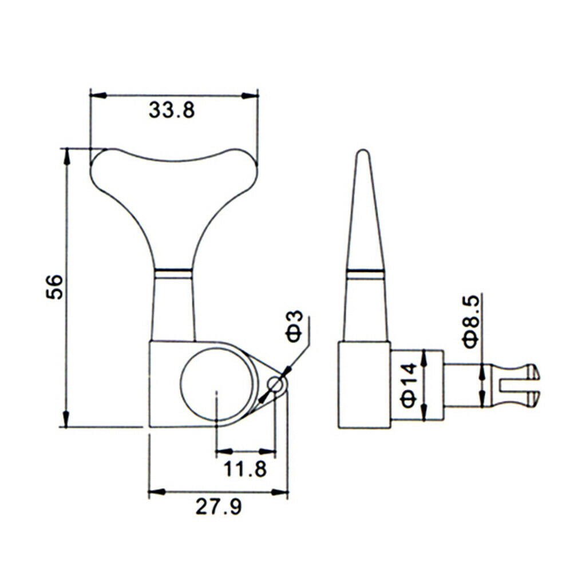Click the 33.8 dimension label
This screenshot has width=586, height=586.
coord(172,110)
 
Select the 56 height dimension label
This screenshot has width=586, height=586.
coord(54,287)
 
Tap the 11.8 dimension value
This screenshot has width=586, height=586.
coord(245,469)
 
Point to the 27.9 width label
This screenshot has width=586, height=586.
coord(219,507)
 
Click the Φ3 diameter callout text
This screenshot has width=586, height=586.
coord(295,326)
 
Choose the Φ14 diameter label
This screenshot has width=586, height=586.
coord(409,385)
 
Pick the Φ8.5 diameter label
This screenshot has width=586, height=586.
coord(471,322)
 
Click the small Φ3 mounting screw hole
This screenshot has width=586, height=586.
coord(275,384)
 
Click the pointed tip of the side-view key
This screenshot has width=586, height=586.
coord(362,151)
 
